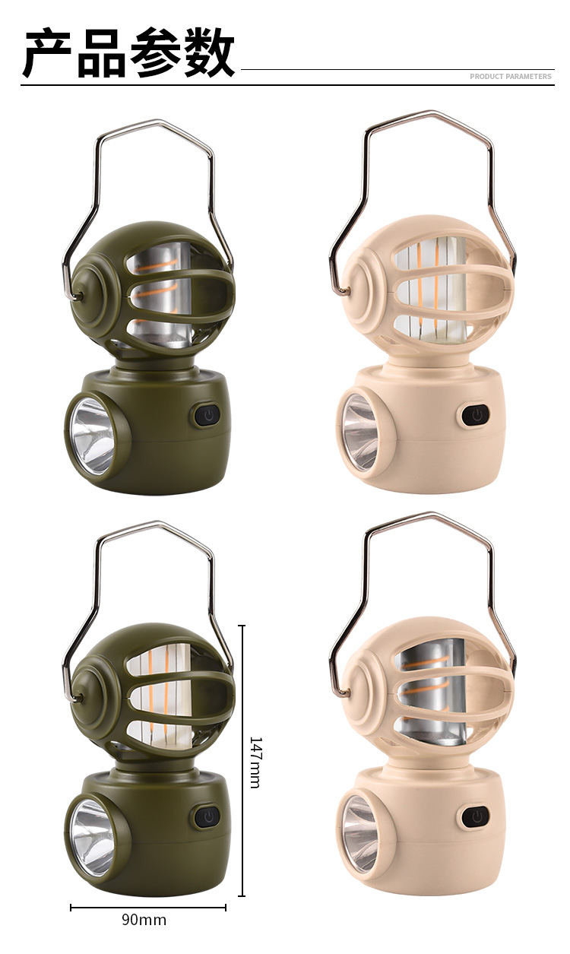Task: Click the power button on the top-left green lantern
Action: (207, 415)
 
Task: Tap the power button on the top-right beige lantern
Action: (476, 415)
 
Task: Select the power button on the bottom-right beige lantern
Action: (475, 816)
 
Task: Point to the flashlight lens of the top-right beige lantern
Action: (360, 432)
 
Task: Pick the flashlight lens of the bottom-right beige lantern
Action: (360, 833)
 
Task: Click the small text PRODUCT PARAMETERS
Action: (511, 77)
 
